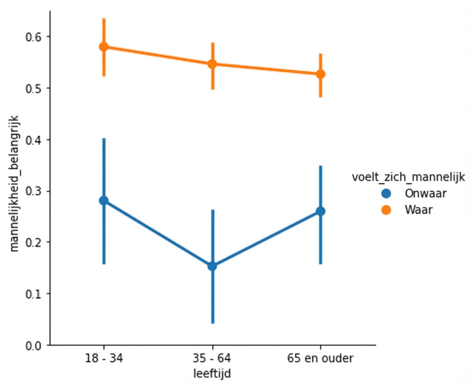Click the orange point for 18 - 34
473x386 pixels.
coord(104,47)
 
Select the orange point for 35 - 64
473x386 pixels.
coord(212,64)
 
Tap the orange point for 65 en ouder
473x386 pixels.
coord(321,74)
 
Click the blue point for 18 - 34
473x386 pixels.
coord(104,200)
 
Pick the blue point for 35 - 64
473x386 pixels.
coord(212,266)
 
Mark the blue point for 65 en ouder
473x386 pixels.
coord(321,211)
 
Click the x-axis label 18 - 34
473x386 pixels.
coord(104,359)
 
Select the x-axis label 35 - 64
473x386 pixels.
coord(212,359)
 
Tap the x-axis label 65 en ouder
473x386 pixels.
coord(321,359)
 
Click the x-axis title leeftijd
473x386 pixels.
coord(212,374)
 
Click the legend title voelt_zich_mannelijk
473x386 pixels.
coord(408,177)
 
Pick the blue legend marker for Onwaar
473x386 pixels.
coord(387,193)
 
